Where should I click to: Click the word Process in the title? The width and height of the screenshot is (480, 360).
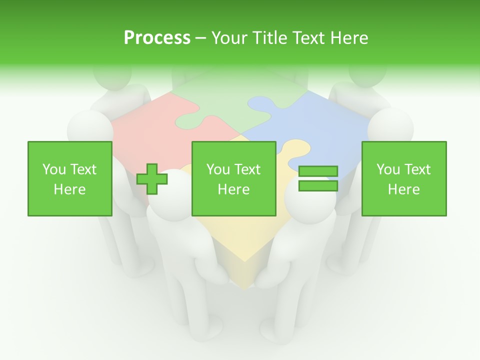(x=157, y=38)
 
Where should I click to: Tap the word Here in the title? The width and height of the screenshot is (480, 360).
(x=347, y=38)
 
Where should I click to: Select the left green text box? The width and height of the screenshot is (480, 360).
(x=70, y=178)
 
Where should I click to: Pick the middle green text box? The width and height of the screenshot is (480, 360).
(x=234, y=178)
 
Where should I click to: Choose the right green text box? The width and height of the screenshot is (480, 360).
(x=404, y=178)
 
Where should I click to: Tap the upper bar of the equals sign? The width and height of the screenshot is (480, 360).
(x=318, y=171)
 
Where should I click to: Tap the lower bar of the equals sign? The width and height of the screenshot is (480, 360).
(x=318, y=186)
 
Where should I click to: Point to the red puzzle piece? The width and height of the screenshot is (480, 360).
(x=145, y=120)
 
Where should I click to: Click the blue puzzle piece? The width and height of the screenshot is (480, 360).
(x=320, y=125)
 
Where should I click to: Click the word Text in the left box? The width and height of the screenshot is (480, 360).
(x=83, y=169)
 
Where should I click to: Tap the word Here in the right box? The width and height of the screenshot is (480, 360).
(x=404, y=189)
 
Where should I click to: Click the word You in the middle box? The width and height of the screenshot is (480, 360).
(x=218, y=169)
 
